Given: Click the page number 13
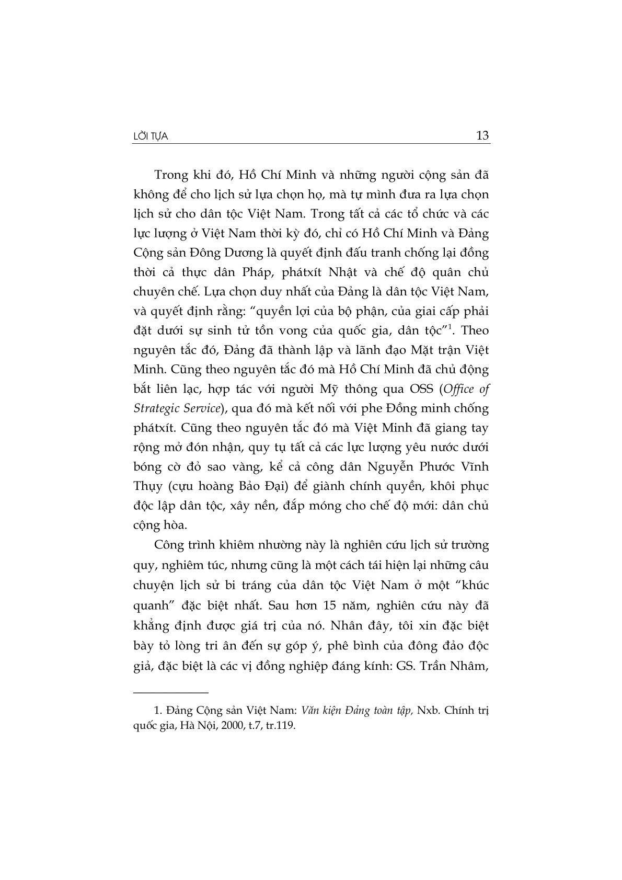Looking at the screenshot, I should pyautogui.click(x=482, y=136).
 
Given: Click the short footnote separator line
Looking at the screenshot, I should pyautogui.click(x=171, y=692).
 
